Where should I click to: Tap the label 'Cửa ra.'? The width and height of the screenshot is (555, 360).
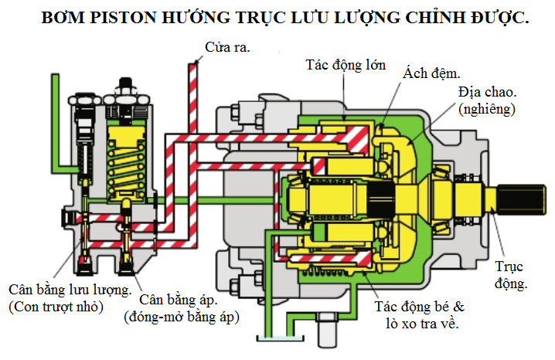click(227, 47)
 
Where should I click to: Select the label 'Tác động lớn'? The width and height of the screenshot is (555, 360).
click(346, 66)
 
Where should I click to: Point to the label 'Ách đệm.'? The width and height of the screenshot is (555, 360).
click(431, 73)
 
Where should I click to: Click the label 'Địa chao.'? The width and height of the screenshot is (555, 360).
click(488, 92)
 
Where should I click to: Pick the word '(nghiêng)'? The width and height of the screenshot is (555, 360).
click(487, 109)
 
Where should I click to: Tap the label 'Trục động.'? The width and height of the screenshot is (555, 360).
click(509, 275)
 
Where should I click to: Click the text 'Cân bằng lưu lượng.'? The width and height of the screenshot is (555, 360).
click(70, 290)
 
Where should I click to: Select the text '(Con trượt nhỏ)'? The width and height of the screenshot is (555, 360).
click(56, 307)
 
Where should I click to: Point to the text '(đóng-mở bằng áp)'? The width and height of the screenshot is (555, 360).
click(182, 317)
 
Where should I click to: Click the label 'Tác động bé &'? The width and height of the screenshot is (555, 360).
click(420, 307)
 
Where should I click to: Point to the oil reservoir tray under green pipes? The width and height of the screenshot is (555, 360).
click(281, 338)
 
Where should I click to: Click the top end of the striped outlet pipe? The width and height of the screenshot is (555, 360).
click(193, 64)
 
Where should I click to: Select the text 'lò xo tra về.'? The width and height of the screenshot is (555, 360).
click(422, 324)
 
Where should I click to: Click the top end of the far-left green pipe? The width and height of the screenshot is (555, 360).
click(55, 76)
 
